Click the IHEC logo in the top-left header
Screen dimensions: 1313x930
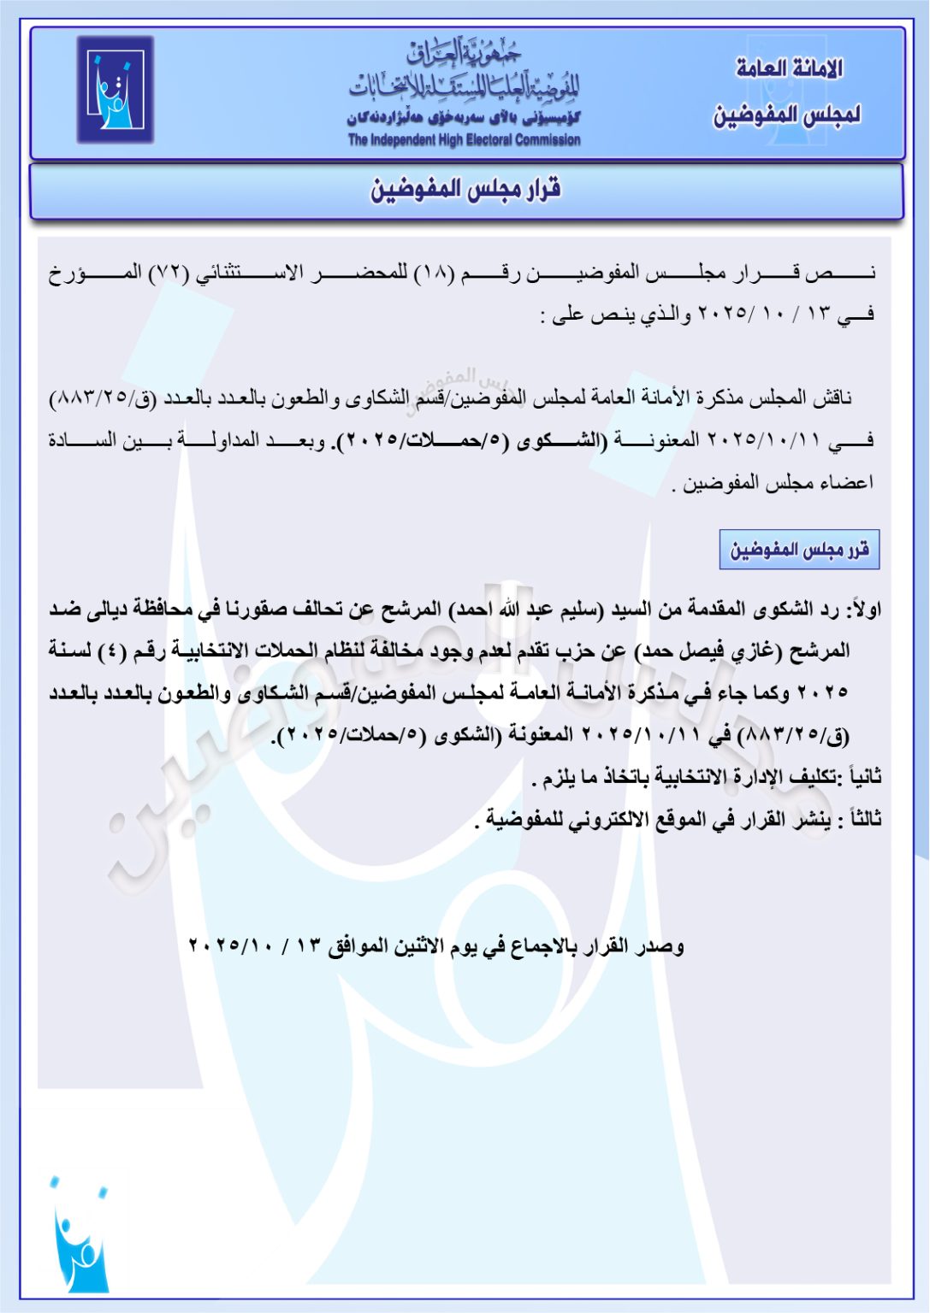tap(116, 90)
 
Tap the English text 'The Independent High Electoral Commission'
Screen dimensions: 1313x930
tap(464, 140)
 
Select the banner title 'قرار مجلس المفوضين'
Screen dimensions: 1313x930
tap(465, 189)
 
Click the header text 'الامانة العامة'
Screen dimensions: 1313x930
tap(789, 68)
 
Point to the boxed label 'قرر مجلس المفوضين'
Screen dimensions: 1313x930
tap(799, 550)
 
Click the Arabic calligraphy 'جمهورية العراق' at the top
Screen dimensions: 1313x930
tap(463, 53)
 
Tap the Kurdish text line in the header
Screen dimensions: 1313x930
tap(463, 117)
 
